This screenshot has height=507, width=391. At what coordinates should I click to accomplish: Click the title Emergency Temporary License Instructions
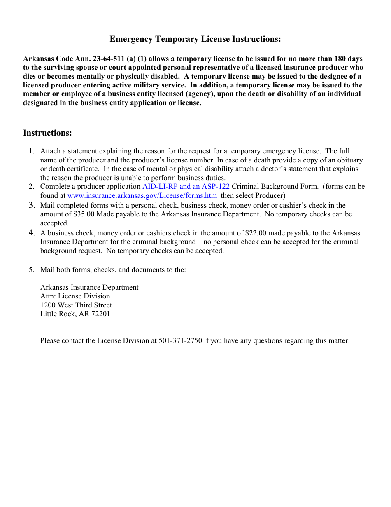tap(195, 39)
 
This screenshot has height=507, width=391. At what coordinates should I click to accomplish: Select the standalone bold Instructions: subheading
tap(47, 133)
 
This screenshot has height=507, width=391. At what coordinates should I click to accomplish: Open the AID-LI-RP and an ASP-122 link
tap(186, 187)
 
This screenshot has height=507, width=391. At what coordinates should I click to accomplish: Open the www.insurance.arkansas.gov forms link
tap(142, 196)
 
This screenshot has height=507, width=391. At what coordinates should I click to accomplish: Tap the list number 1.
tap(31, 151)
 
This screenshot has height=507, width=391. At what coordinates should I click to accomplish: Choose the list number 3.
tap(31, 205)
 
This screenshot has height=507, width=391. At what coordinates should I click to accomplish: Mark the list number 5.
tap(31, 270)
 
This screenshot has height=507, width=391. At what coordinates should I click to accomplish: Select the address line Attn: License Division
tap(75, 296)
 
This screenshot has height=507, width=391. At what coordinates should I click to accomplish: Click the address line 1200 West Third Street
tap(76, 305)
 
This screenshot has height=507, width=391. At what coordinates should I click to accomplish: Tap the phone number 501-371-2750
tap(180, 341)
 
